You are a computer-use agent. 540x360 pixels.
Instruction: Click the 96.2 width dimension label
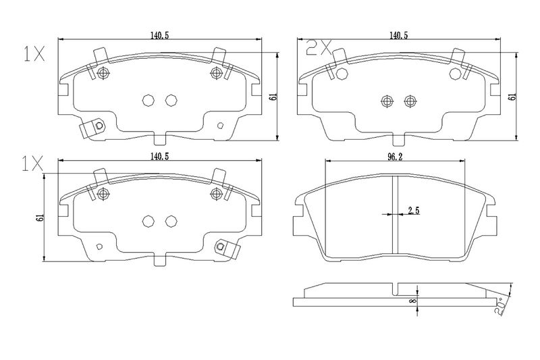pyautogui.click(x=395, y=157)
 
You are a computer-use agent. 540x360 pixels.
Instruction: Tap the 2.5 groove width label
pyautogui.click(x=414, y=211)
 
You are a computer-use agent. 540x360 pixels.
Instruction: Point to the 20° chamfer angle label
pyautogui.click(x=501, y=306)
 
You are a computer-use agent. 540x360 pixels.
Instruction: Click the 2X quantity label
pyautogui.click(x=319, y=47)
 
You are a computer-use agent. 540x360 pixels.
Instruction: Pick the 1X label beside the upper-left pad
pyautogui.click(x=34, y=54)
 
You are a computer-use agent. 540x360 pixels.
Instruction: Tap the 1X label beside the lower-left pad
pyautogui.click(x=32, y=163)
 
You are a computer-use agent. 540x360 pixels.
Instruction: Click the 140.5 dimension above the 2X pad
pyautogui.click(x=398, y=35)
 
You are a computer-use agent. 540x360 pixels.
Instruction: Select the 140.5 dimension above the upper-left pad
pyautogui.click(x=159, y=35)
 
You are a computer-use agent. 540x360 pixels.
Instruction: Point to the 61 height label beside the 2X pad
pyautogui.click(x=513, y=97)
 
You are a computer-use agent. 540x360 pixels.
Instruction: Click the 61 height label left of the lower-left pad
pyautogui.click(x=40, y=217)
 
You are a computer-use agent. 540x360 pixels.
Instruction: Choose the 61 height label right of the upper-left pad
pyautogui.click(x=274, y=97)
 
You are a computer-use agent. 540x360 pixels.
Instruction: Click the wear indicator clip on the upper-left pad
pyautogui.click(x=92, y=129)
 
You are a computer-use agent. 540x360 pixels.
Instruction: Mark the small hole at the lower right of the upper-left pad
pyautogui.click(x=221, y=126)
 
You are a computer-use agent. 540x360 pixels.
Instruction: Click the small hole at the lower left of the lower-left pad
pyautogui.click(x=99, y=247)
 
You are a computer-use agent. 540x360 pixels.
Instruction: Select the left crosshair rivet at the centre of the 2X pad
pyautogui.click(x=387, y=101)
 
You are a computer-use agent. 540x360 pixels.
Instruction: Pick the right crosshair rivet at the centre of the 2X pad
pyautogui.click(x=410, y=101)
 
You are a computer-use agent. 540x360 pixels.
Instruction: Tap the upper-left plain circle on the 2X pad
pyautogui.click(x=342, y=74)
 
